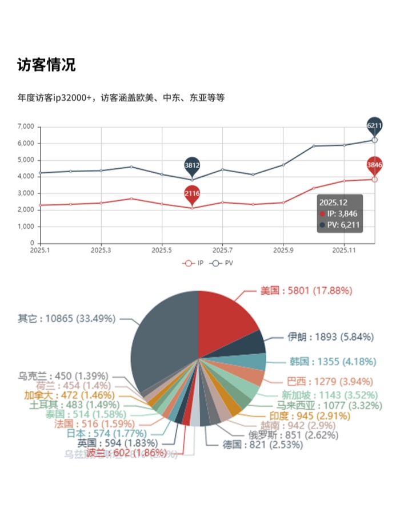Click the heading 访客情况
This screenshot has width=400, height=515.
click(x=46, y=65)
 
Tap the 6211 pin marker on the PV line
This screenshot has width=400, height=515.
click(x=374, y=125)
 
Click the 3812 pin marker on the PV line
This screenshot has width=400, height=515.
click(x=192, y=165)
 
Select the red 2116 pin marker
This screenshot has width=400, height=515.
click(x=192, y=194)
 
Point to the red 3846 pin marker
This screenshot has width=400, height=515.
click(x=374, y=165)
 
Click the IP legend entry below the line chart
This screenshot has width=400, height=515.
click(x=193, y=263)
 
